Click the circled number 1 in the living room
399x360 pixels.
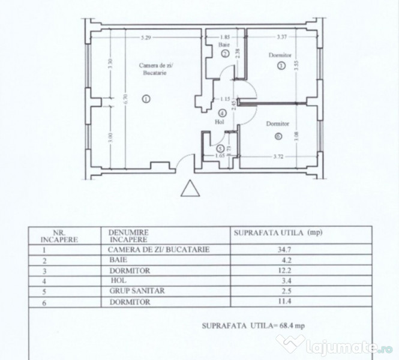tap(146, 99)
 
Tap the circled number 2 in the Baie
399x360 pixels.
tap(226, 53)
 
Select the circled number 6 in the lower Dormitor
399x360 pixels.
tap(278, 136)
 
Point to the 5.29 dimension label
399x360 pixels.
tap(146, 37)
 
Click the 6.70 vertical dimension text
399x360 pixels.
tap(126, 99)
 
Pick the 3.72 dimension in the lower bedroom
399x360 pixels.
tap(278, 157)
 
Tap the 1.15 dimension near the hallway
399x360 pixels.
tap(225, 99)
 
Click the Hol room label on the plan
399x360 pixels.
tap(220, 122)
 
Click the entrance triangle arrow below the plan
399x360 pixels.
tap(190, 188)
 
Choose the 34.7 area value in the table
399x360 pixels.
tap(284, 250)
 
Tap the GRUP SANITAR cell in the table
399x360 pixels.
tap(137, 291)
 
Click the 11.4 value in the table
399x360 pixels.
tap(284, 301)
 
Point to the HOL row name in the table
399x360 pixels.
tap(118, 281)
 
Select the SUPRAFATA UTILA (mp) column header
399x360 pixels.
tap(278, 233)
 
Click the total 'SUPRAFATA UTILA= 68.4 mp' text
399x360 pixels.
tap(253, 326)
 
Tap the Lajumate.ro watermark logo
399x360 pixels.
tap(334, 345)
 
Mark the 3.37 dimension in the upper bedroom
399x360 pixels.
tap(281, 37)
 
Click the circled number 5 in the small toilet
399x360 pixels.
tap(220, 148)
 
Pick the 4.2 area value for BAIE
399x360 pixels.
tap(286, 260)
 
